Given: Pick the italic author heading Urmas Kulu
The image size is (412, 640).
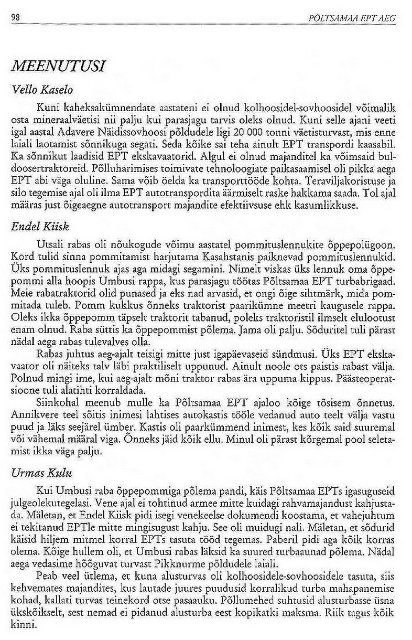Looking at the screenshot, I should (41, 473).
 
